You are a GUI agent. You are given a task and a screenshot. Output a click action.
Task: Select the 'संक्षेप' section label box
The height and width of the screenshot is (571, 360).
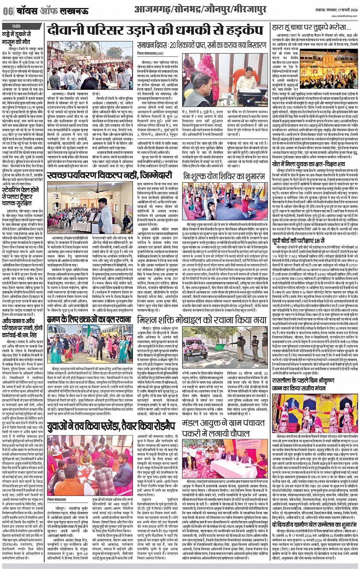[x=16, y=26]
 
